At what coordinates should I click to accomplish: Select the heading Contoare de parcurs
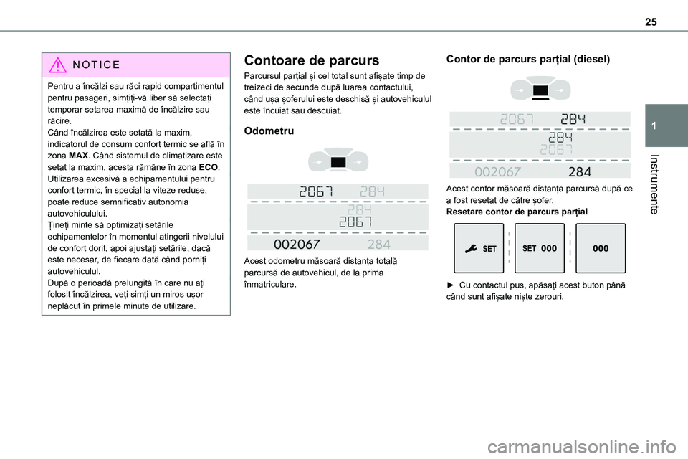click(312, 60)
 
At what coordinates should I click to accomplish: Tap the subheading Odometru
click(269, 131)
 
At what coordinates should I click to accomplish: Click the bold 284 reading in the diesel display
click(579, 171)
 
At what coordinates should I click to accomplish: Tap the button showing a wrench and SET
click(479, 248)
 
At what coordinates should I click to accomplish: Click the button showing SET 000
click(539, 248)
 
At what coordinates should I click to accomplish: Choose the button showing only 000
click(601, 248)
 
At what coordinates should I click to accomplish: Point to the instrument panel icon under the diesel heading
click(541, 91)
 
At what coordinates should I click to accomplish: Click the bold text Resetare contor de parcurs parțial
click(517, 212)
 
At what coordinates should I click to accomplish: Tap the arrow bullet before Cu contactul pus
click(450, 285)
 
